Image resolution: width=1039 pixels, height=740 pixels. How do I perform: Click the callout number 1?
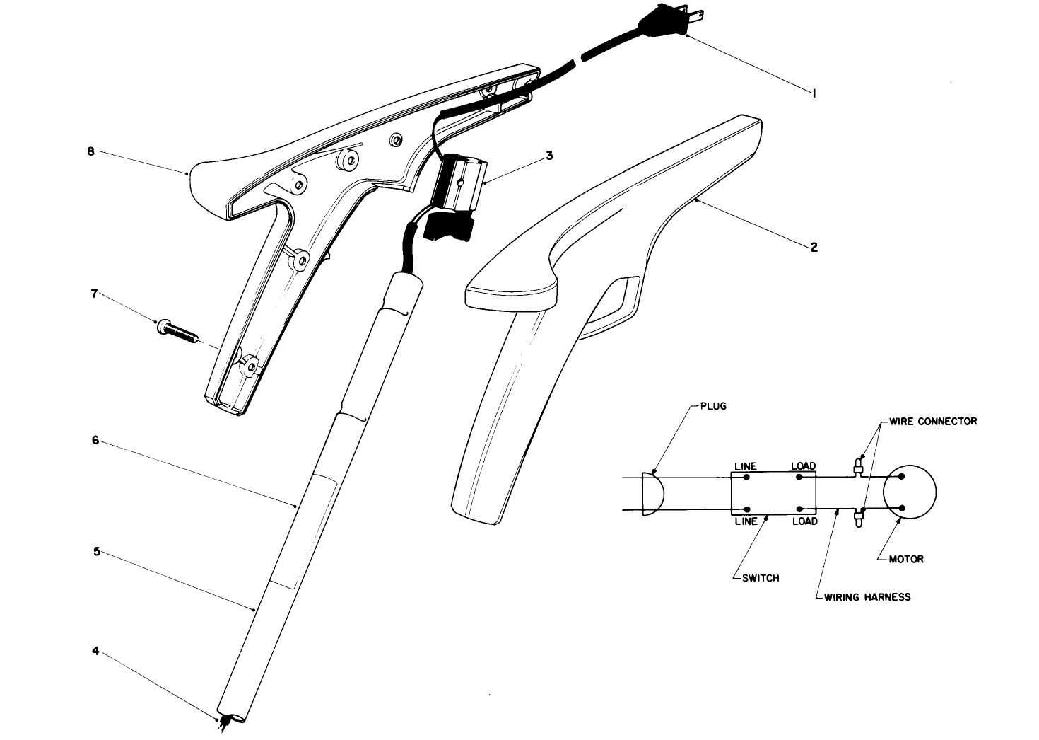pyautogui.click(x=814, y=93)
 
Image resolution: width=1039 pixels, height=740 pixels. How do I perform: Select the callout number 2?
pyautogui.click(x=814, y=248)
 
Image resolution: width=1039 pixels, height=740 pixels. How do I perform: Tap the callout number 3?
pyautogui.click(x=549, y=157)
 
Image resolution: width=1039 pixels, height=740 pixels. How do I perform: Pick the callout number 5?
pyautogui.click(x=96, y=550)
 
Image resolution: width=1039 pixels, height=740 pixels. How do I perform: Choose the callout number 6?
pyautogui.click(x=95, y=439)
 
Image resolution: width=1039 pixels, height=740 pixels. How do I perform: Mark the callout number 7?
pyautogui.click(x=95, y=293)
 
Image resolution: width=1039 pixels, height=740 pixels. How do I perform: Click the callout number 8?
pyautogui.click(x=90, y=151)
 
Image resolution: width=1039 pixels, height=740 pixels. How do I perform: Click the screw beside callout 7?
pyautogui.click(x=177, y=330)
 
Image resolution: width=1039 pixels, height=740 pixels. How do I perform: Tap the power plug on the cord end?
pyautogui.click(x=664, y=25)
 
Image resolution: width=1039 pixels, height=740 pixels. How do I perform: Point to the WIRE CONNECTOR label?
pyautogui.click(x=933, y=422)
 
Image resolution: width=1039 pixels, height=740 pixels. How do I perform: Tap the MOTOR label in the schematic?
pyautogui.click(x=906, y=559)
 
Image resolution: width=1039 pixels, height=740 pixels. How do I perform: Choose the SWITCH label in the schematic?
pyautogui.click(x=761, y=578)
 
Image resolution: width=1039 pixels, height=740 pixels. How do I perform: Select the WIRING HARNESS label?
pyautogui.click(x=867, y=597)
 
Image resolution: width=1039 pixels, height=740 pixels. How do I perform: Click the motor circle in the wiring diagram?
pyautogui.click(x=911, y=492)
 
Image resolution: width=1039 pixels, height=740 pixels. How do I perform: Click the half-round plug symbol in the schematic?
pyautogui.click(x=652, y=493)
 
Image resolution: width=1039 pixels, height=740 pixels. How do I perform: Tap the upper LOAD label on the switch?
pyautogui.click(x=804, y=466)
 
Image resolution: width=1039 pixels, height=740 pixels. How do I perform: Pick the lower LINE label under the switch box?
pyautogui.click(x=746, y=521)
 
